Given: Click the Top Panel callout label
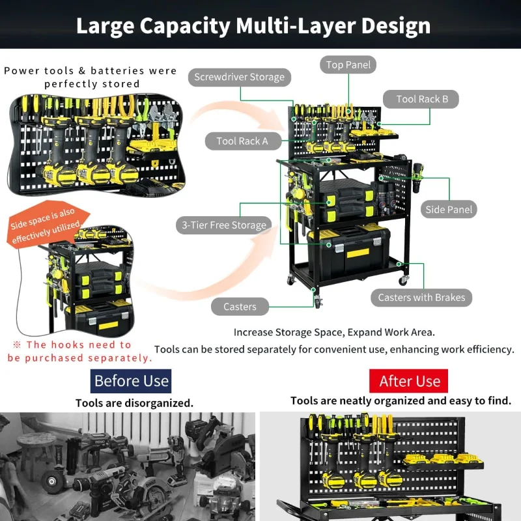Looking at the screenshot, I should (x=348, y=64).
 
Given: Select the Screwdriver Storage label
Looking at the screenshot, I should (x=240, y=77).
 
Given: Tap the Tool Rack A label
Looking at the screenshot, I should (x=242, y=141).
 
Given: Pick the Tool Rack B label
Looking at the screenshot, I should (x=422, y=99).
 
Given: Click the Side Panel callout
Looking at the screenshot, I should (x=449, y=209).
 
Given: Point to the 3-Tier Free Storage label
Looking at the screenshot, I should (x=223, y=225).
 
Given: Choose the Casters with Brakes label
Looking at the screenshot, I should (x=421, y=298).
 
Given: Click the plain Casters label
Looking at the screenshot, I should (x=240, y=307).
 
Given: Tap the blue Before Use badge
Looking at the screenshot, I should (x=131, y=381).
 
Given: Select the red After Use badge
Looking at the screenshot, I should (x=409, y=381).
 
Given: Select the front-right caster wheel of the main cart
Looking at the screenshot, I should (x=402, y=279).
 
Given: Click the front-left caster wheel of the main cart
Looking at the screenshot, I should (x=317, y=301).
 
